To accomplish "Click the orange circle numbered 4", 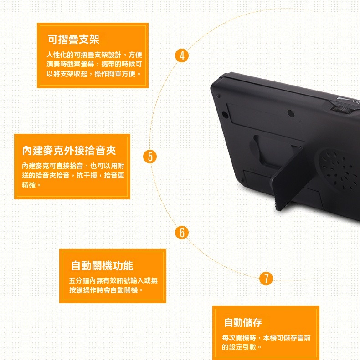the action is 182,56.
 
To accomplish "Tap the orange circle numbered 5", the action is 150,157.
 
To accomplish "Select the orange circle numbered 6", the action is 182,233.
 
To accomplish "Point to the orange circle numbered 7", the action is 266,278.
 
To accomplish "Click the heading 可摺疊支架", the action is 73,39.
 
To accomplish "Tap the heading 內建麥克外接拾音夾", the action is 69,150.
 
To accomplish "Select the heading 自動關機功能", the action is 102,266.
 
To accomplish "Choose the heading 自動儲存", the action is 243,322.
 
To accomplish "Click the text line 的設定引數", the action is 239,347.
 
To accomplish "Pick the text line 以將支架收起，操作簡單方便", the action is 91,74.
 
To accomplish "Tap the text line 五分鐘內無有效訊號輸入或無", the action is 113,280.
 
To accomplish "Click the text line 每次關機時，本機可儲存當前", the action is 266,338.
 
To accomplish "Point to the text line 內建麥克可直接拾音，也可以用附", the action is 73,166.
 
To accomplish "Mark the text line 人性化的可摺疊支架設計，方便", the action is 94,55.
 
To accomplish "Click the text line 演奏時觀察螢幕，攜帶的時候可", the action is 94,64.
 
